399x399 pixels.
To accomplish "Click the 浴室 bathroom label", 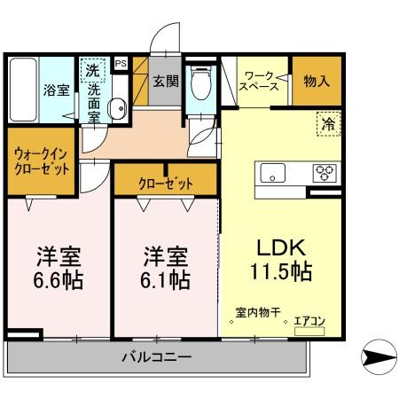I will pos(59,90).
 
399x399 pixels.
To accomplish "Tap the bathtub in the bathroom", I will pos(25,90).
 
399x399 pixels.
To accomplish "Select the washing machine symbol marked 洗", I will pos(91,67).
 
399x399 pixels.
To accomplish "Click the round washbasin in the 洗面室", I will pos(115,108).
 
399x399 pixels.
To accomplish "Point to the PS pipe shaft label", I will pos(121,63).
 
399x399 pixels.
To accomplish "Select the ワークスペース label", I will pos(262,82).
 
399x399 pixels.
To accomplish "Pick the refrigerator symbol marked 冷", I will pos(328,125).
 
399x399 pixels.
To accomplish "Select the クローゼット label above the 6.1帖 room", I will pos(165,183).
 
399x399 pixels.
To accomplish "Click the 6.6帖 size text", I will pos(59,280).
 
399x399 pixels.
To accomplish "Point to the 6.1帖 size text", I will pos(166,280).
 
